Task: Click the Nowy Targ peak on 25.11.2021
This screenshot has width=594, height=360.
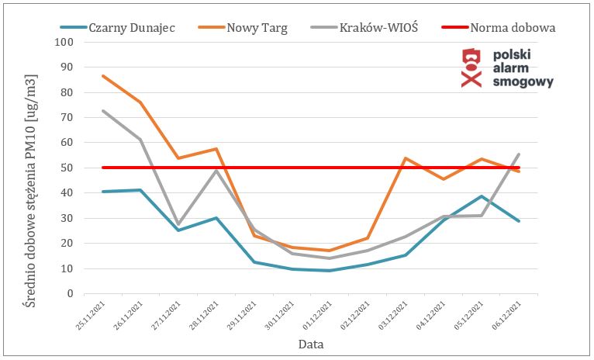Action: coord(103,76)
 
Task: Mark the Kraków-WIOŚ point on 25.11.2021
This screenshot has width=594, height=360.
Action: coord(103,111)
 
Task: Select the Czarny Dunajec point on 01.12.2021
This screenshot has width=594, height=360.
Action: coord(330,271)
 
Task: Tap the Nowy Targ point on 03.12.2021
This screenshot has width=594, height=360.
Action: coord(405,158)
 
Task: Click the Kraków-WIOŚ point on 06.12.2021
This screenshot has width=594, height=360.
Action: coord(518,154)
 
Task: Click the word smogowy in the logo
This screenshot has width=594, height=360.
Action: coord(523,82)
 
